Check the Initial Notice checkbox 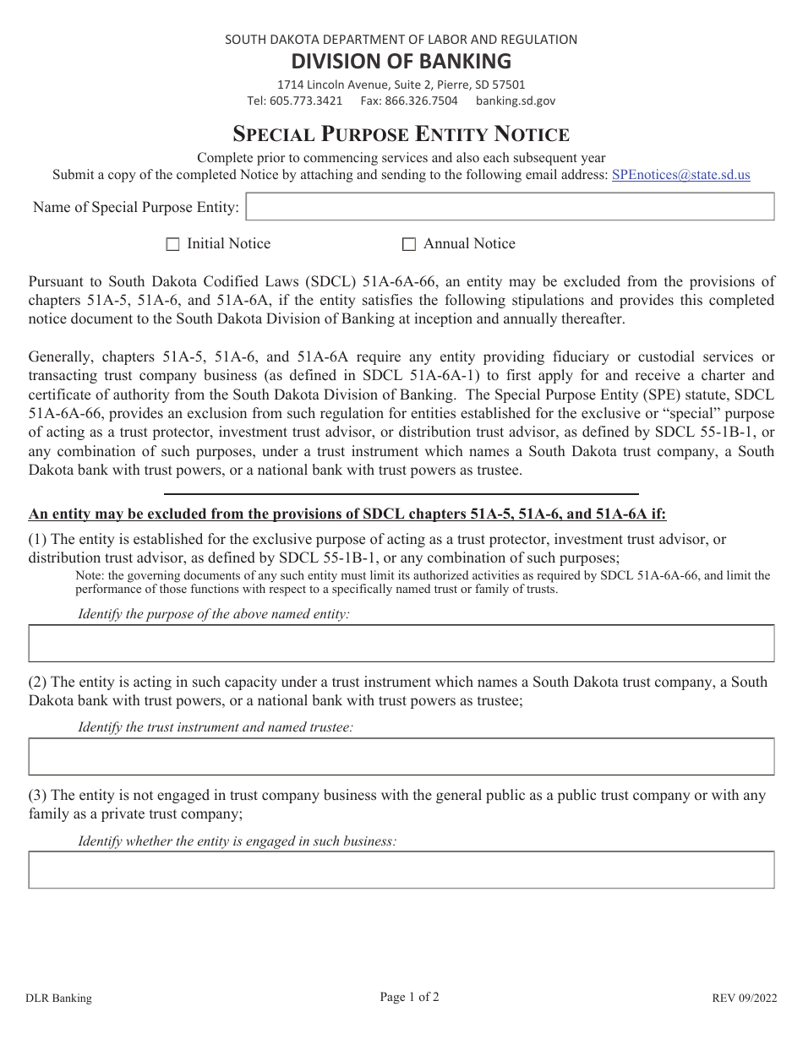[173, 244]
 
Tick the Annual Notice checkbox [409, 244]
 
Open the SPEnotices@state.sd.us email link [680, 175]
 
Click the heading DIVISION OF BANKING [401, 61]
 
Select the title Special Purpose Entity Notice [401, 133]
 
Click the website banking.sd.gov [516, 101]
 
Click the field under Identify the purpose [401, 643]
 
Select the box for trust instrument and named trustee [401, 756]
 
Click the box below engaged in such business [401, 869]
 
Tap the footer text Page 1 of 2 [409, 997]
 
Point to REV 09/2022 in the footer [743, 998]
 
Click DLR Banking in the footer [58, 998]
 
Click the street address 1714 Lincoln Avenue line [401, 84]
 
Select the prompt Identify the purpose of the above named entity [214, 614]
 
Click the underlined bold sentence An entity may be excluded [347, 514]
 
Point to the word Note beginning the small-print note [87, 575]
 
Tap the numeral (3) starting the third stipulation [38, 795]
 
